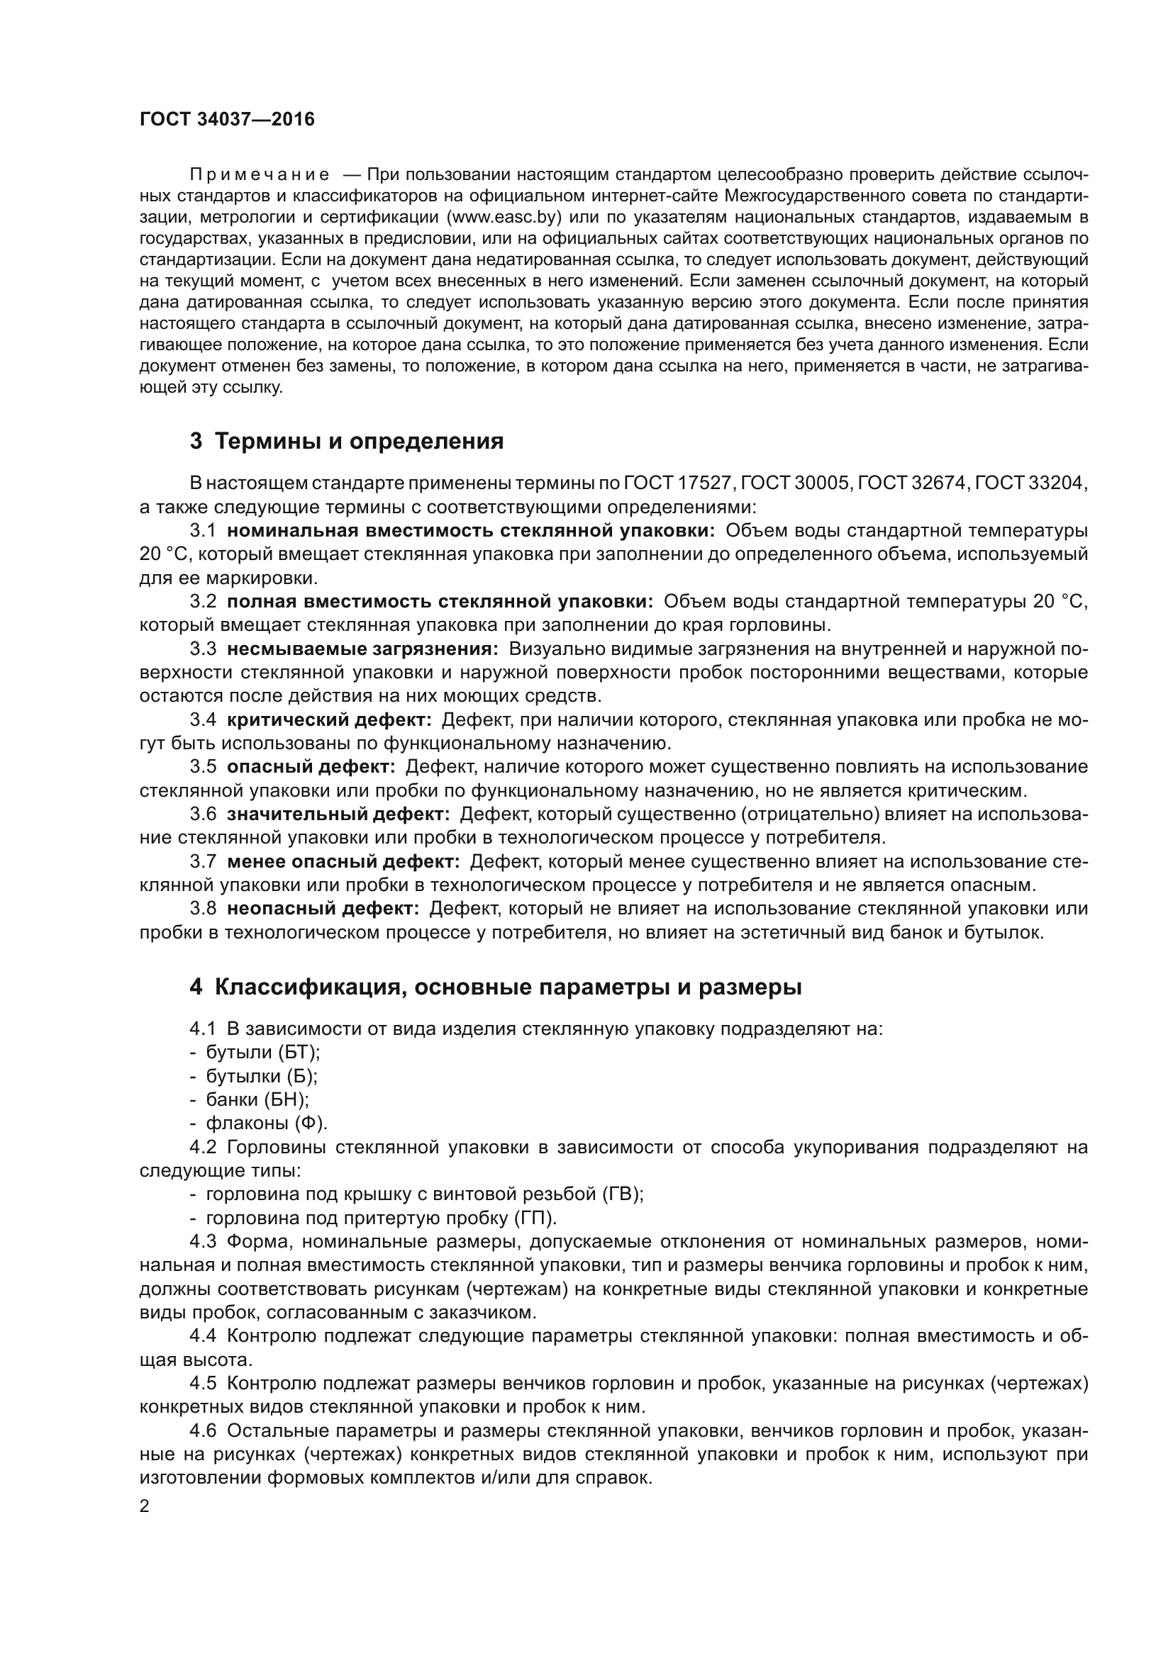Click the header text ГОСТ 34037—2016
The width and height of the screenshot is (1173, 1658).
click(x=227, y=120)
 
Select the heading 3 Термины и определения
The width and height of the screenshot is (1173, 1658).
click(x=347, y=441)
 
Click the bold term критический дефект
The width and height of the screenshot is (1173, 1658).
click(x=328, y=720)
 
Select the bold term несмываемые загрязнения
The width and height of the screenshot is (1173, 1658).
click(x=362, y=649)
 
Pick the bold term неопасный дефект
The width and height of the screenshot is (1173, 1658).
click(x=323, y=909)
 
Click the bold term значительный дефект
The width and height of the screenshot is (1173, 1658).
click(x=338, y=814)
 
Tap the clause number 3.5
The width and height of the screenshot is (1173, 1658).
click(x=203, y=767)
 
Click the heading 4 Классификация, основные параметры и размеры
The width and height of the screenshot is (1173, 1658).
click(x=496, y=987)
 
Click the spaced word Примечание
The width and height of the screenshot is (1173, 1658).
click(x=260, y=175)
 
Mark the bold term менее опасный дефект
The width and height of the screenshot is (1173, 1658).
click(x=343, y=861)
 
